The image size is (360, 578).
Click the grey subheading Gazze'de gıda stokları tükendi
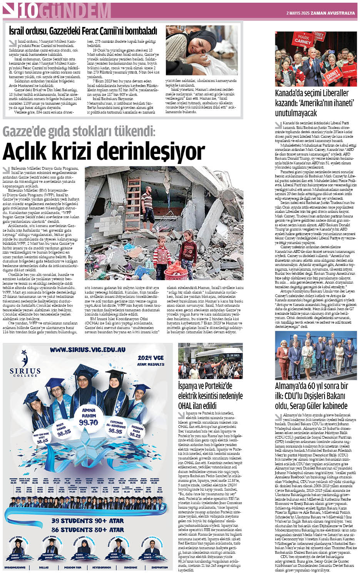79,132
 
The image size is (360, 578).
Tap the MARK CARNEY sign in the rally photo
303,40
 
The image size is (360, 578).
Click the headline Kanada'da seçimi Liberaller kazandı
312,103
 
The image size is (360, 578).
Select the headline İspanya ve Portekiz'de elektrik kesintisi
210,396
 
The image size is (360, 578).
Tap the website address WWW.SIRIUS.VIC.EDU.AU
87,350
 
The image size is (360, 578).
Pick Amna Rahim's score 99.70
89,422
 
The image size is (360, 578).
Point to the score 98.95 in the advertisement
115,431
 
